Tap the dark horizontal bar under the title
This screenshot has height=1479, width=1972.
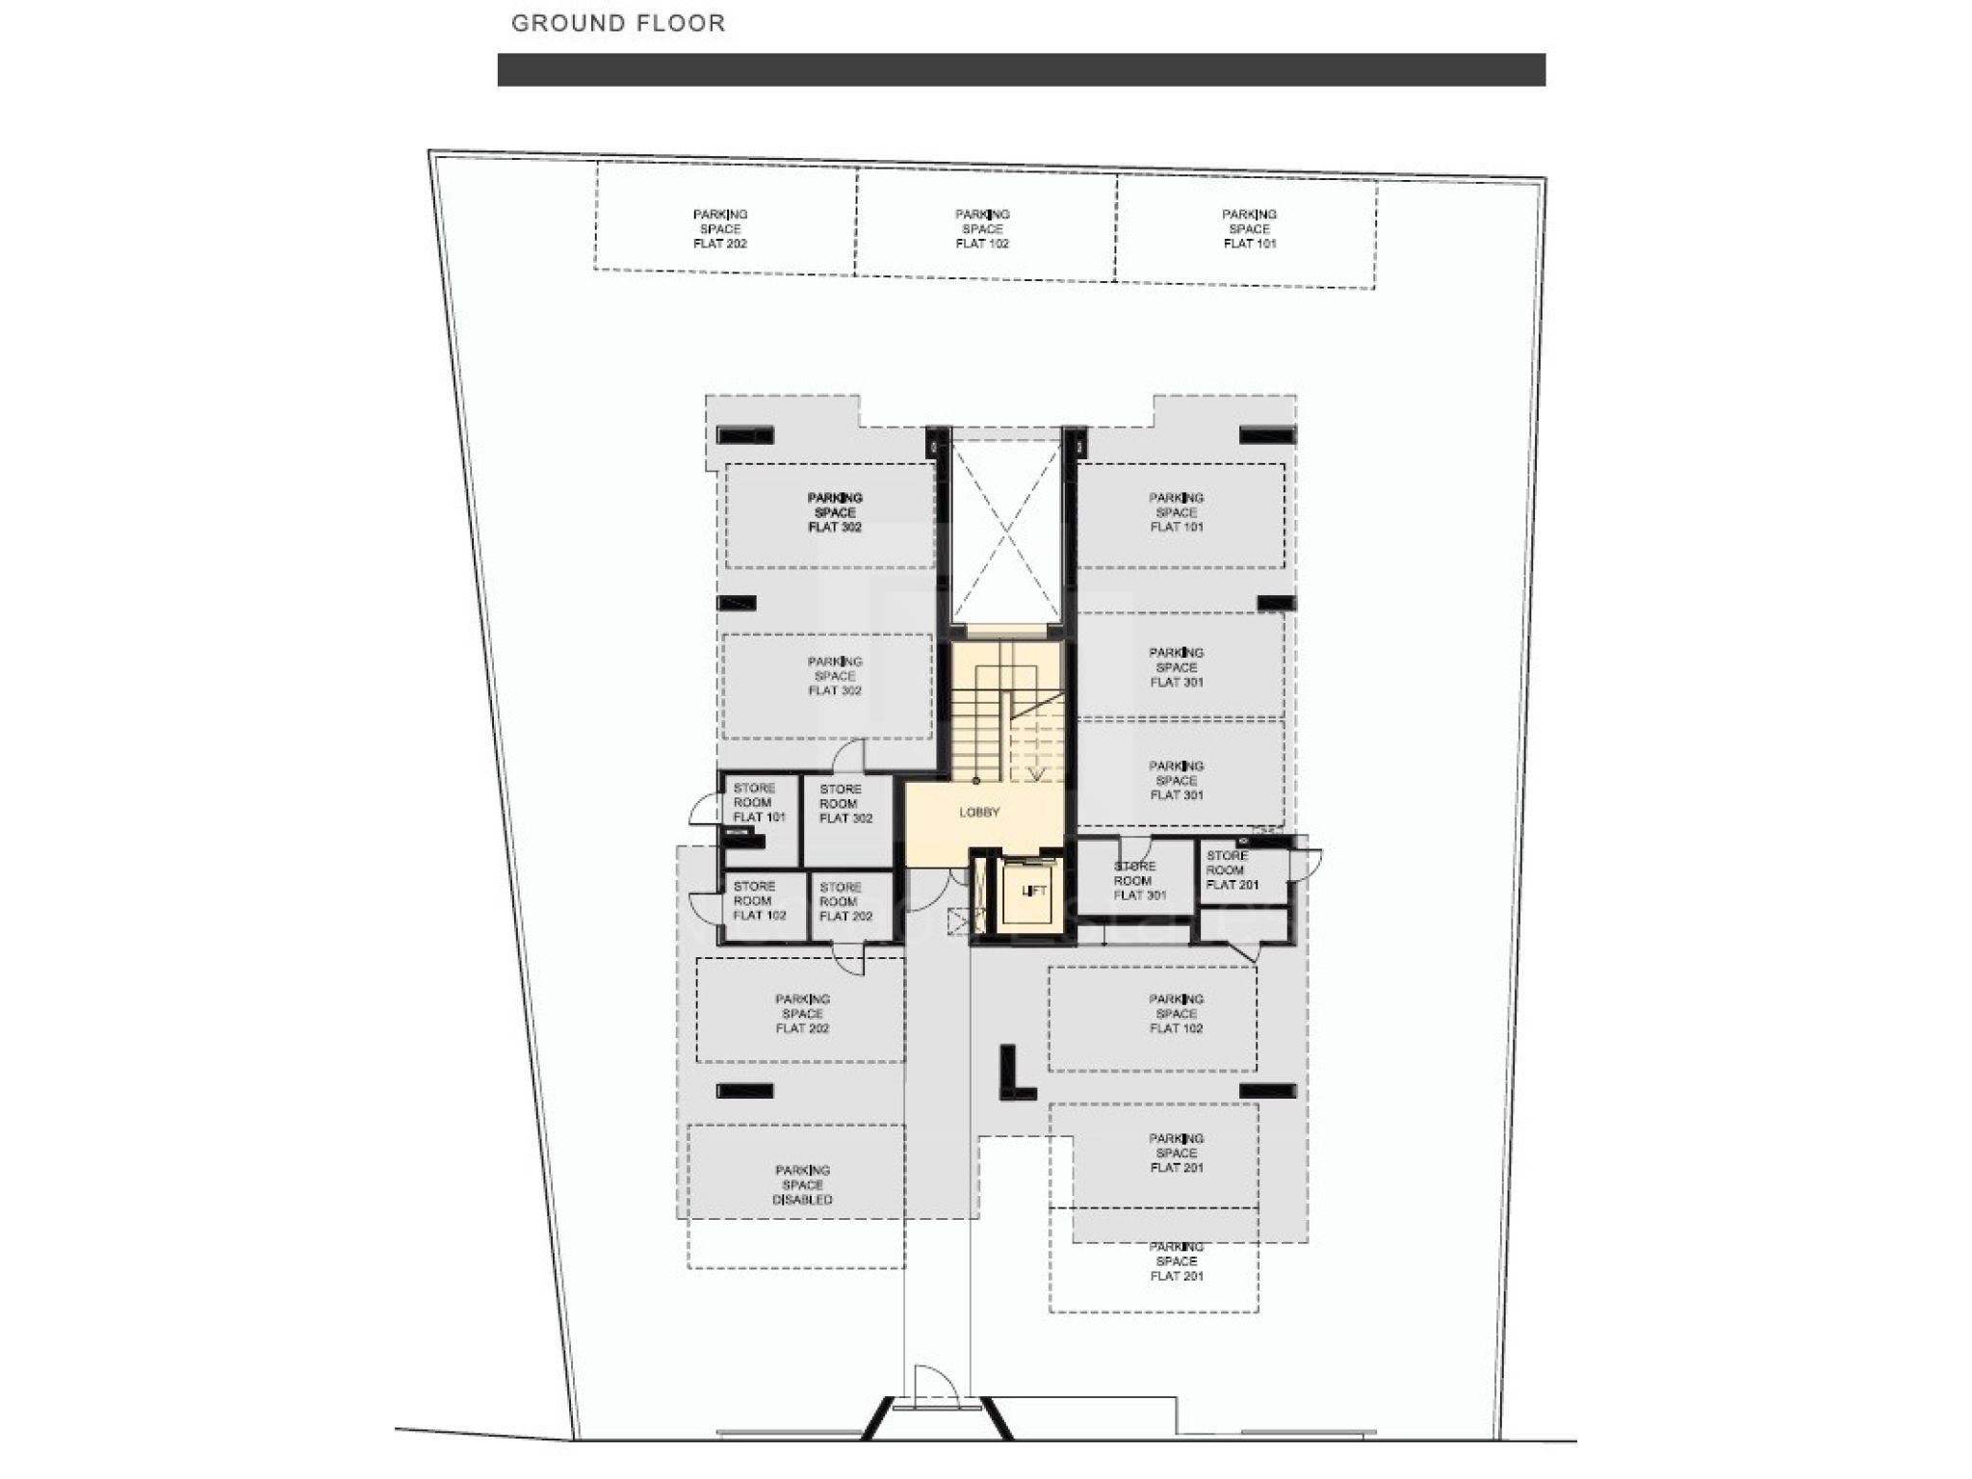1022,69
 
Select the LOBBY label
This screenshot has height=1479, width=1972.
979,813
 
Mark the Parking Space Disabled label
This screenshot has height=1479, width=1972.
803,1185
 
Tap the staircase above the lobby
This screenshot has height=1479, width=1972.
1006,713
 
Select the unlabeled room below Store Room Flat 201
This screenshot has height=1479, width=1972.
1244,924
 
